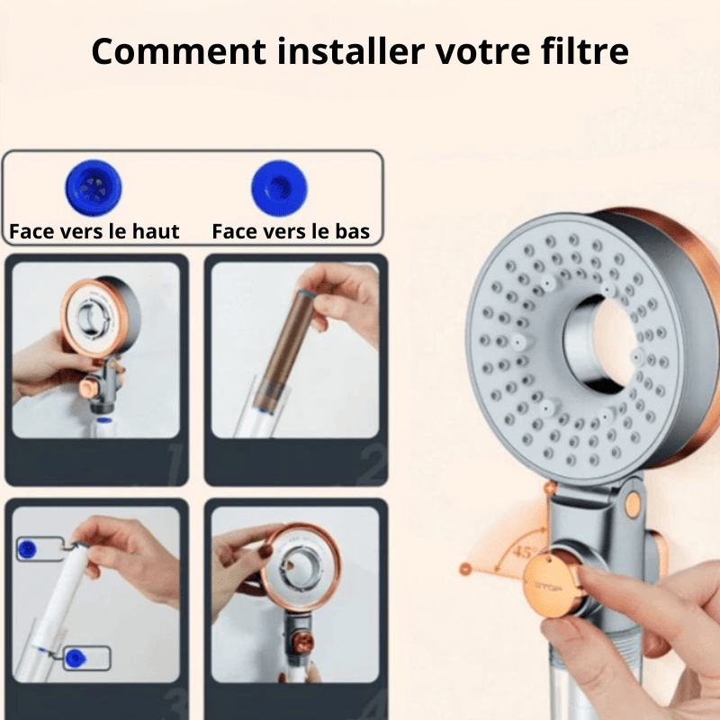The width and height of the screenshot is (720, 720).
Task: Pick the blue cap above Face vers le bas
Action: (x=279, y=188)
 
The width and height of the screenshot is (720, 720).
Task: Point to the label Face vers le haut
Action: (x=94, y=231)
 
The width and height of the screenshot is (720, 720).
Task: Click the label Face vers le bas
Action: (x=291, y=231)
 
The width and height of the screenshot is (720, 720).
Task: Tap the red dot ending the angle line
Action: (x=465, y=569)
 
